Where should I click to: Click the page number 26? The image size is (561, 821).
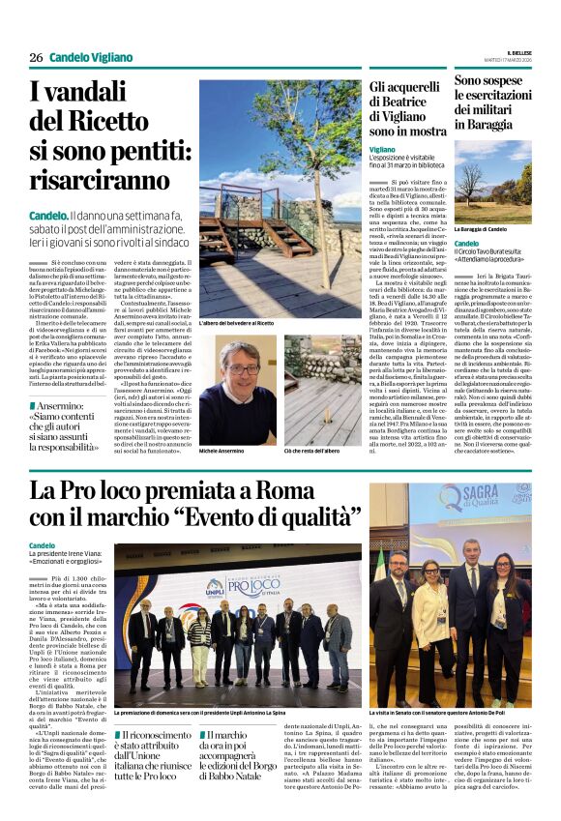click(36, 57)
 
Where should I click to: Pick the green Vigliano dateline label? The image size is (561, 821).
click(382, 150)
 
